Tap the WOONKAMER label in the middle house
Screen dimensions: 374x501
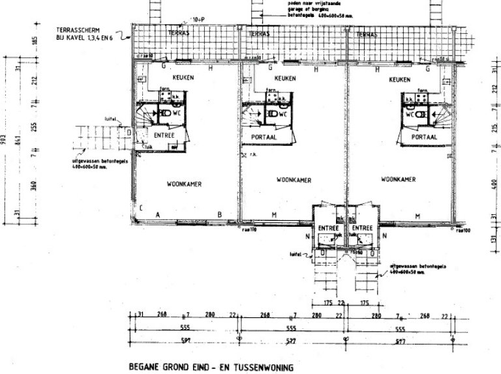tap(293, 180)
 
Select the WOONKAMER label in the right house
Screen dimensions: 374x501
tap(399, 179)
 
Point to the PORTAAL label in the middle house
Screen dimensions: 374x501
tap(266, 137)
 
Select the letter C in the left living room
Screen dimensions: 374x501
tap(140, 208)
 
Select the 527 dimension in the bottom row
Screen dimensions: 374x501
tap(292, 341)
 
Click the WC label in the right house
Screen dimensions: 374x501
tap(411, 114)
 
